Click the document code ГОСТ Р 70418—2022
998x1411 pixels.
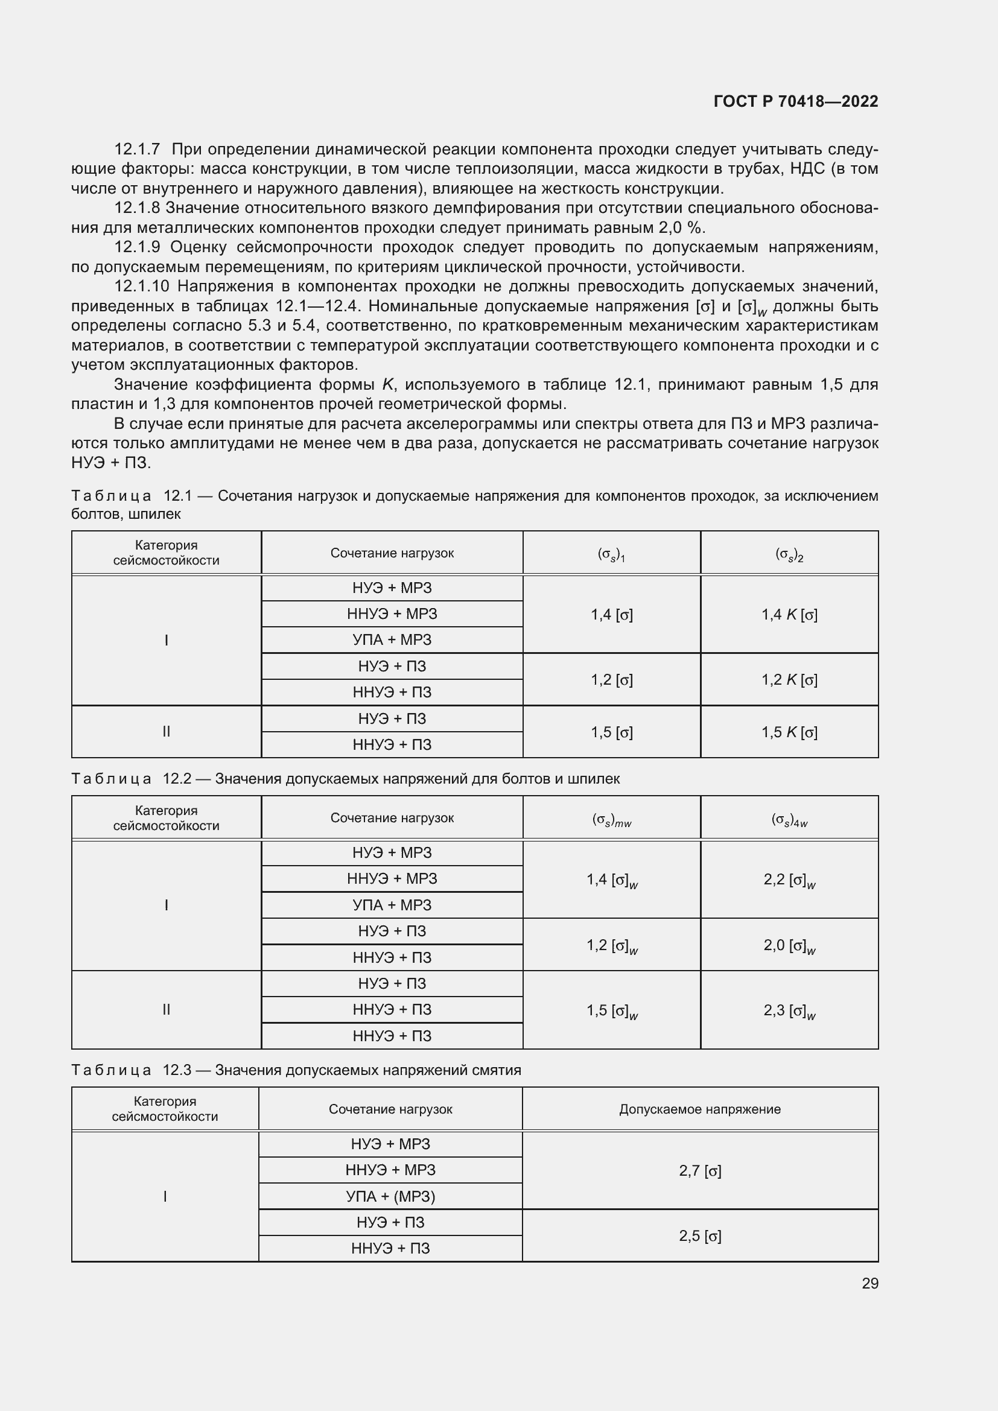click(796, 101)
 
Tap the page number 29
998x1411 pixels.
click(869, 1283)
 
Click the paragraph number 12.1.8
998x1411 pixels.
click(137, 208)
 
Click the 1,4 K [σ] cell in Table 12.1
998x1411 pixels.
click(789, 614)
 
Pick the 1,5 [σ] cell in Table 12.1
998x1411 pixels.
click(611, 732)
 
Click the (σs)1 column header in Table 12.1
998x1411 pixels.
click(611, 554)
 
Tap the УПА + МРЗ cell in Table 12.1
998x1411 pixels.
click(392, 639)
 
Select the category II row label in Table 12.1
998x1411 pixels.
click(166, 731)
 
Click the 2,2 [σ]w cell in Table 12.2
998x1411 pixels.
click(789, 880)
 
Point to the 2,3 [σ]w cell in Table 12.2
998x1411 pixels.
click(789, 1011)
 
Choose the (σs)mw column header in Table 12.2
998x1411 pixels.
click(611, 819)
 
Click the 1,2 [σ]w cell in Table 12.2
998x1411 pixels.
click(611, 945)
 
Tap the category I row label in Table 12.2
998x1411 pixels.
click(166, 905)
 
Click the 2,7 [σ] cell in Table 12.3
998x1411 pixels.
click(700, 1171)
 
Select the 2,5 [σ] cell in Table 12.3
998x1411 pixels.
click(700, 1236)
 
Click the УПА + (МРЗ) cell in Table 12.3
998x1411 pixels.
click(390, 1196)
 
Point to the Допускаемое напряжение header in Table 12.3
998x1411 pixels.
click(700, 1109)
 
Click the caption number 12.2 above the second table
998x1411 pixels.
click(174, 779)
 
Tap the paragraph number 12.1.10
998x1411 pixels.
click(141, 287)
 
